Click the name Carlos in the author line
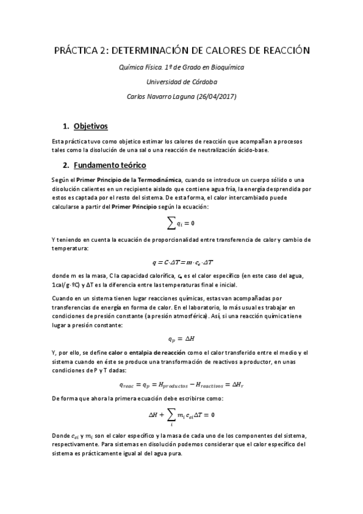[x=137, y=96]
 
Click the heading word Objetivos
[x=90, y=126]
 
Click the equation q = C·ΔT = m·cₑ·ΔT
[x=182, y=262]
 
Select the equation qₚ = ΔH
[x=181, y=338]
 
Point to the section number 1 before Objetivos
[x=65, y=126]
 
